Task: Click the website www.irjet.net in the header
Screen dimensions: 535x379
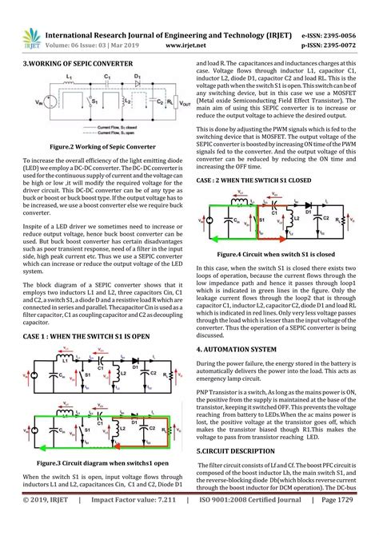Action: point(191,46)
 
